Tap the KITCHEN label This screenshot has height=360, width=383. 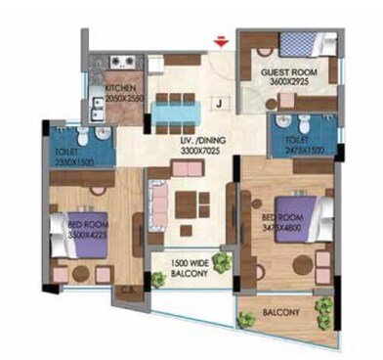[121, 89]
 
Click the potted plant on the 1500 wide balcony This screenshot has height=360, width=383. [224, 263]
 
